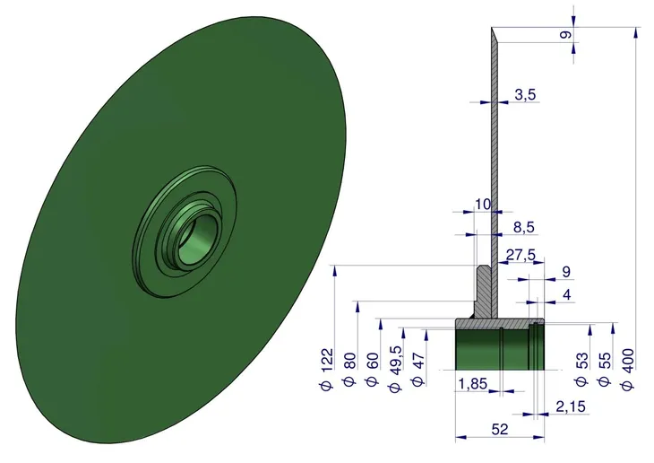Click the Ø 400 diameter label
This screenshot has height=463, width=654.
[x=627, y=370]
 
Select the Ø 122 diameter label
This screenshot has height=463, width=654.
[x=327, y=370]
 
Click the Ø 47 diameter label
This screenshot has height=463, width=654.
[x=417, y=370]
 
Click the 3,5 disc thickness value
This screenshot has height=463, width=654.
[x=525, y=94]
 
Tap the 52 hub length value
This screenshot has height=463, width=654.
[x=500, y=429]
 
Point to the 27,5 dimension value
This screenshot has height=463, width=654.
[x=521, y=255]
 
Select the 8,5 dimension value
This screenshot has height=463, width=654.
[x=523, y=227]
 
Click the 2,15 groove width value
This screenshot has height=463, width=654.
[x=571, y=406]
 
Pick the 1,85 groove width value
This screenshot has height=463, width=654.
[x=473, y=383]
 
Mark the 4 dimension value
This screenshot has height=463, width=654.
[x=566, y=295]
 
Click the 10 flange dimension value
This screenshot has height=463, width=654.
[x=483, y=205]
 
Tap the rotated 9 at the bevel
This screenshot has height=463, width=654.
[x=565, y=35]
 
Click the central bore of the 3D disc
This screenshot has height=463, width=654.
[x=198, y=239]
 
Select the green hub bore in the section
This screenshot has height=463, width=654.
[x=500, y=350]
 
